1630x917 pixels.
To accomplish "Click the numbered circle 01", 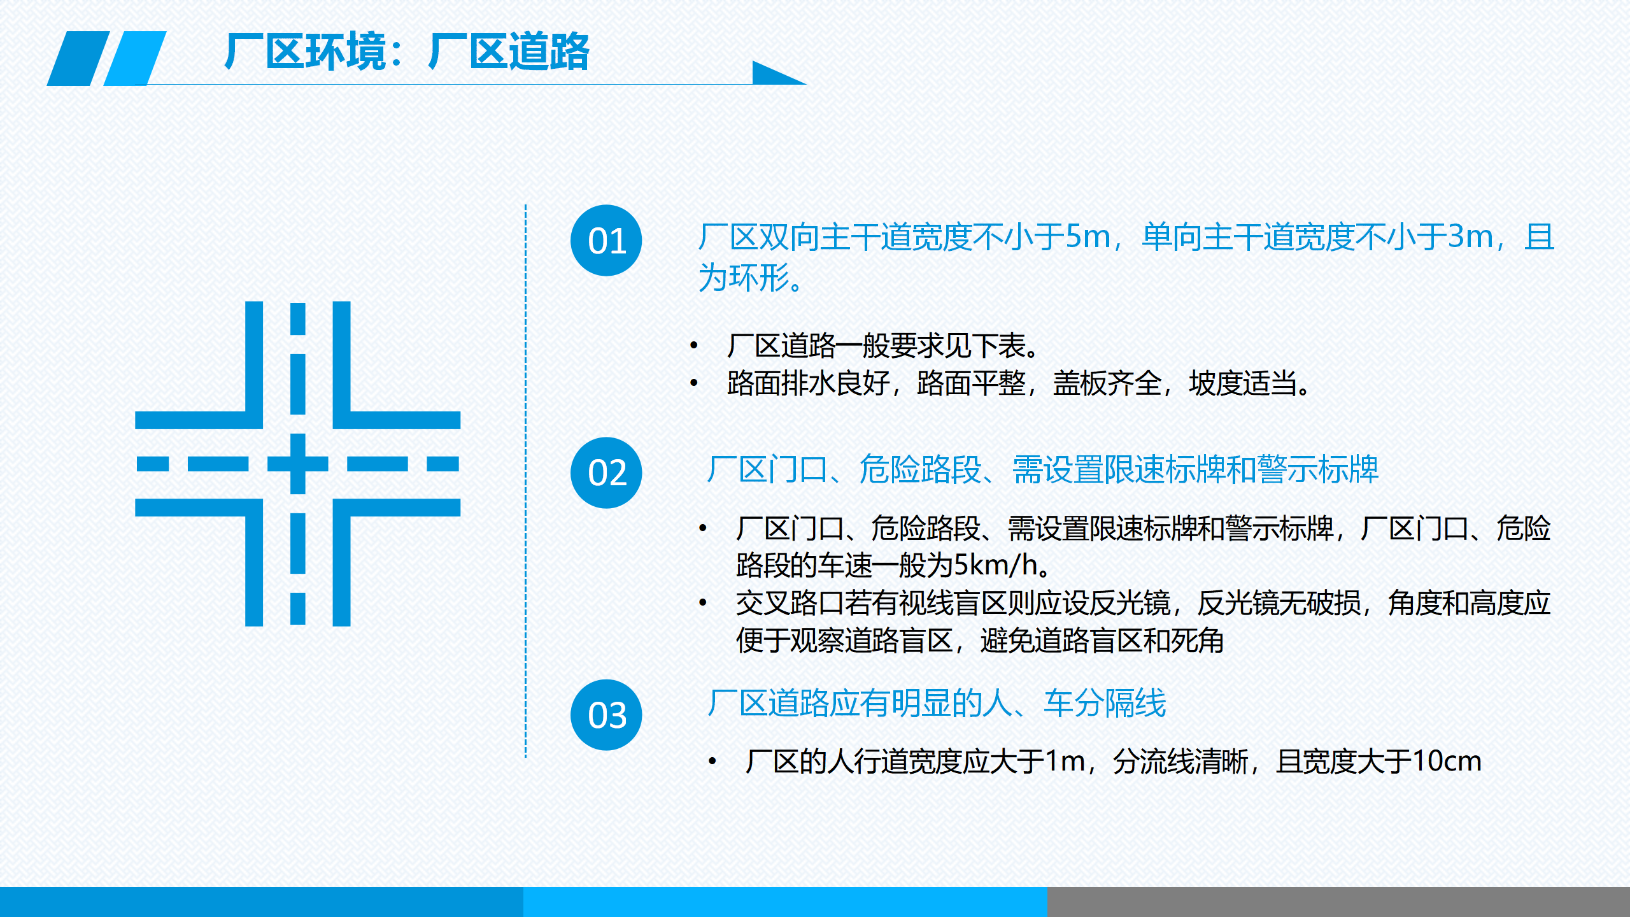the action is point(606,241).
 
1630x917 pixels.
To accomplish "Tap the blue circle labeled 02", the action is point(606,473).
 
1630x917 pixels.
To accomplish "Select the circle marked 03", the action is point(606,714).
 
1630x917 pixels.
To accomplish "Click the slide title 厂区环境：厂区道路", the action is point(407,51).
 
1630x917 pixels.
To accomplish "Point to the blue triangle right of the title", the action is point(774,73).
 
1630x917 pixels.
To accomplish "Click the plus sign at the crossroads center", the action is point(297,464).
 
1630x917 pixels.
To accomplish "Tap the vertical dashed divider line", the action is point(525,481).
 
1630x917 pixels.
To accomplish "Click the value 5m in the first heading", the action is point(1088,237).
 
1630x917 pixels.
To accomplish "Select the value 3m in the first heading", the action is point(1470,237).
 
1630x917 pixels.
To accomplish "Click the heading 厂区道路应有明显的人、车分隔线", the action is point(937,704).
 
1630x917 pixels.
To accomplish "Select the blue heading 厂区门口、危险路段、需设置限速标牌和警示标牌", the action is point(1043,470).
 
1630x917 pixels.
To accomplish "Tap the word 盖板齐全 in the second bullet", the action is point(1107,383).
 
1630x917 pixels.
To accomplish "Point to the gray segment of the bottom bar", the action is point(1338,902).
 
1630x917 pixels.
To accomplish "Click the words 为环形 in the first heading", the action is point(744,278).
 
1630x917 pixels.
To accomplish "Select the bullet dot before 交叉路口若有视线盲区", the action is point(703,602).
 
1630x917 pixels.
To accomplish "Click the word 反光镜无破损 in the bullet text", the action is point(1279,602).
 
